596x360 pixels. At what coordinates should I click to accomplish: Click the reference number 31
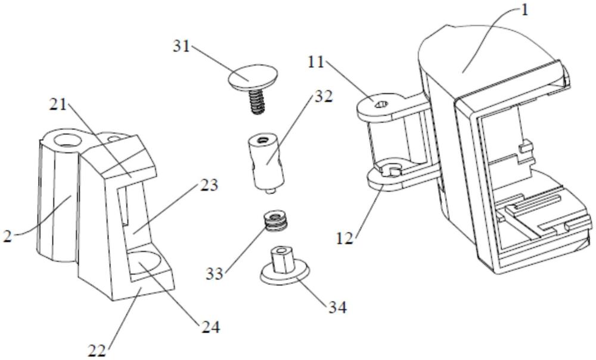[x=182, y=46]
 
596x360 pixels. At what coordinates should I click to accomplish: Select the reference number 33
[x=215, y=274]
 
